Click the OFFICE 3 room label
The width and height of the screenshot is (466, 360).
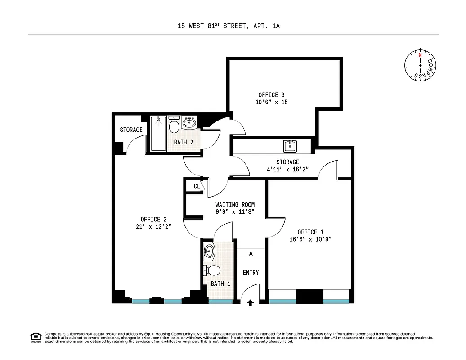pyautogui.click(x=271, y=95)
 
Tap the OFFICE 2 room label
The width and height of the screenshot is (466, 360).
pyautogui.click(x=150, y=220)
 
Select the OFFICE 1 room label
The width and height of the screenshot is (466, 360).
pyautogui.click(x=310, y=232)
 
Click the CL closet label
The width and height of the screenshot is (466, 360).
pyautogui.click(x=197, y=186)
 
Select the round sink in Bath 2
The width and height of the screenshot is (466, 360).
pyautogui.click(x=189, y=122)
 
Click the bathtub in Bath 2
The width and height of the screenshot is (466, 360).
pyautogui.click(x=158, y=134)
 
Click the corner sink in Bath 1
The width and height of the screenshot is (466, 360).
pyautogui.click(x=210, y=251)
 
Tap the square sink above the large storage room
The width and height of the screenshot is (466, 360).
pyautogui.click(x=290, y=146)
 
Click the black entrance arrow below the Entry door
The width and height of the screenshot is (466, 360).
pyautogui.click(x=251, y=303)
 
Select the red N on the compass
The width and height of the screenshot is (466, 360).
pyautogui.click(x=420, y=55)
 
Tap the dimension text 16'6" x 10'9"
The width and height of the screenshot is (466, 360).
pyautogui.click(x=311, y=239)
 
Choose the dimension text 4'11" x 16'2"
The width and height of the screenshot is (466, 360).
pyautogui.click(x=287, y=170)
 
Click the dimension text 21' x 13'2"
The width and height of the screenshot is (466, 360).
pyautogui.click(x=150, y=227)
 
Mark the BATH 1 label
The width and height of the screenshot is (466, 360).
pyautogui.click(x=220, y=284)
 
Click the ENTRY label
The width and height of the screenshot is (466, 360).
pyautogui.click(x=251, y=273)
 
